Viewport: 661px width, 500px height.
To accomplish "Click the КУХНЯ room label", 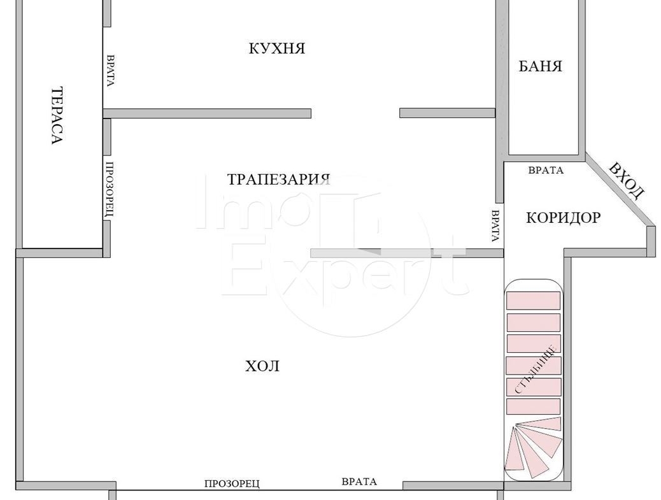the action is point(277,48).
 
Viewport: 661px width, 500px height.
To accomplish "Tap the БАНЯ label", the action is point(540,67).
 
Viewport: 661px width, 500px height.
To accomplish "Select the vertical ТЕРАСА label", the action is point(57,115).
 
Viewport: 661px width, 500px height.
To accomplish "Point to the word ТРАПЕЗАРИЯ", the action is point(279,179).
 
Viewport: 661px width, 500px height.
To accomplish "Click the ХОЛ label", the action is point(262,366).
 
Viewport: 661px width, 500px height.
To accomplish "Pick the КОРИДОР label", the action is point(564,218).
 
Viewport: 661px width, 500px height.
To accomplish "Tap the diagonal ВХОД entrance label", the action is point(627,180).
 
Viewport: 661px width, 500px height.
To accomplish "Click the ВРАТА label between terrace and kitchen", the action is point(110,71).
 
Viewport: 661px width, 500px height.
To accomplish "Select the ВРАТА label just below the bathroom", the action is point(546,170).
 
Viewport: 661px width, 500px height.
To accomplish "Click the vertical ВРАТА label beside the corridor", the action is point(495,225).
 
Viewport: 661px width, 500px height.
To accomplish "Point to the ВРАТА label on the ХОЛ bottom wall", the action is point(359,482).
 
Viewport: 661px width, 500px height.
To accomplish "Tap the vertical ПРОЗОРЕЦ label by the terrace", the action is point(109,189).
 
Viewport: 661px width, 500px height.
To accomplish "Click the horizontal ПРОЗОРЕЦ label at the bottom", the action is point(232,483).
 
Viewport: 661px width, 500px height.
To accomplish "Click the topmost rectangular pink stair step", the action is point(533,301).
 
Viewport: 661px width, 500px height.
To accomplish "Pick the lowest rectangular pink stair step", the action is point(533,406).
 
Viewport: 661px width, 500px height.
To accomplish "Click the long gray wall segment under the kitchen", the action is point(207,113).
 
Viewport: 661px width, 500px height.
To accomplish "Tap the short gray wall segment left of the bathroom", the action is point(447,113).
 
